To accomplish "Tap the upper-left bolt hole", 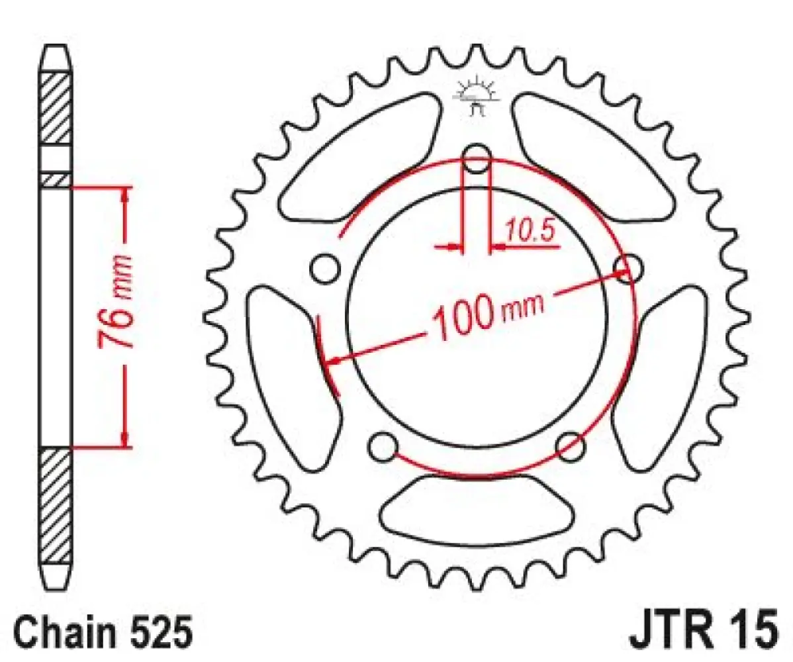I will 324,267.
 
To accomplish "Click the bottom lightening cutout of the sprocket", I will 477,509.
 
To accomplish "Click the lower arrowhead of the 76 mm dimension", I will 124,438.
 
